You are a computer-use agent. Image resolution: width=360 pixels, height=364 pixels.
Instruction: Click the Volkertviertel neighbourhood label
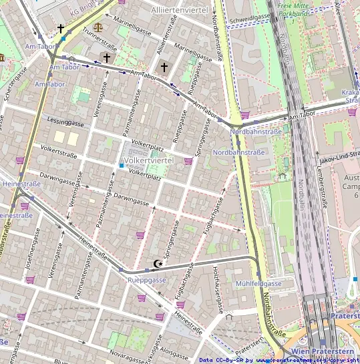[x=149, y=161]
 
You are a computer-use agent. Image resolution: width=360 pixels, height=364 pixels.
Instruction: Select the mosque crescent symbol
[x=158, y=264]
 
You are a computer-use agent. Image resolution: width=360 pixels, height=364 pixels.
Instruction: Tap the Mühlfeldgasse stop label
[x=258, y=284]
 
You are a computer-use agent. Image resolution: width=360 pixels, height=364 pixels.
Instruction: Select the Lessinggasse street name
[x=66, y=122]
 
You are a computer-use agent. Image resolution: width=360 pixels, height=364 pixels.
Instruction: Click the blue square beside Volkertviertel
[x=121, y=165]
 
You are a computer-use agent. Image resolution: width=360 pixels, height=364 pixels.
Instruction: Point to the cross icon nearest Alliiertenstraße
[x=164, y=67]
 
